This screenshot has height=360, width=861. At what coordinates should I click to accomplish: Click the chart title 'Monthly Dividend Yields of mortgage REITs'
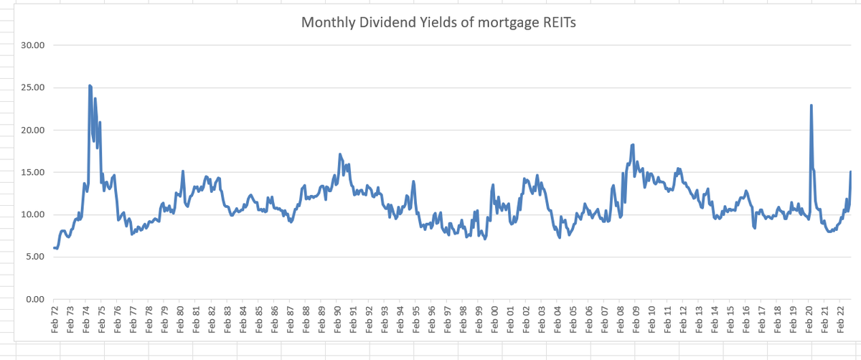click(438, 22)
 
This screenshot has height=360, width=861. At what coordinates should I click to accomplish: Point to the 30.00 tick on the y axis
click(34, 45)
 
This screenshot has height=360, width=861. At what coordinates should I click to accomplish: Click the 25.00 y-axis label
click(34, 87)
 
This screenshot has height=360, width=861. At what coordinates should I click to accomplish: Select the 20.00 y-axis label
click(34, 130)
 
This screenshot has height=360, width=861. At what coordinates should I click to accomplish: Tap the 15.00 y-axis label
click(34, 172)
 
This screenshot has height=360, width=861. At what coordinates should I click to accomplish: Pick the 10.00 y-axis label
click(34, 214)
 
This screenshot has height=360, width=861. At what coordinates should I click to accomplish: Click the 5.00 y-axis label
click(36, 257)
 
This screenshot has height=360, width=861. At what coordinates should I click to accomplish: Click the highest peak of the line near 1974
click(90, 85)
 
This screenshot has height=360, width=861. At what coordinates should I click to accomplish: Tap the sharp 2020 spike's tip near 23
click(811, 105)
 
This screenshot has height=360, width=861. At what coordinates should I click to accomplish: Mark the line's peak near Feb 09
click(633, 145)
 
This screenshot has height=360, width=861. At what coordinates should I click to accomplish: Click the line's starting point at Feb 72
click(55, 247)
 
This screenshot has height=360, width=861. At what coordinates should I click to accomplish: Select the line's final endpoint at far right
click(850, 171)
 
